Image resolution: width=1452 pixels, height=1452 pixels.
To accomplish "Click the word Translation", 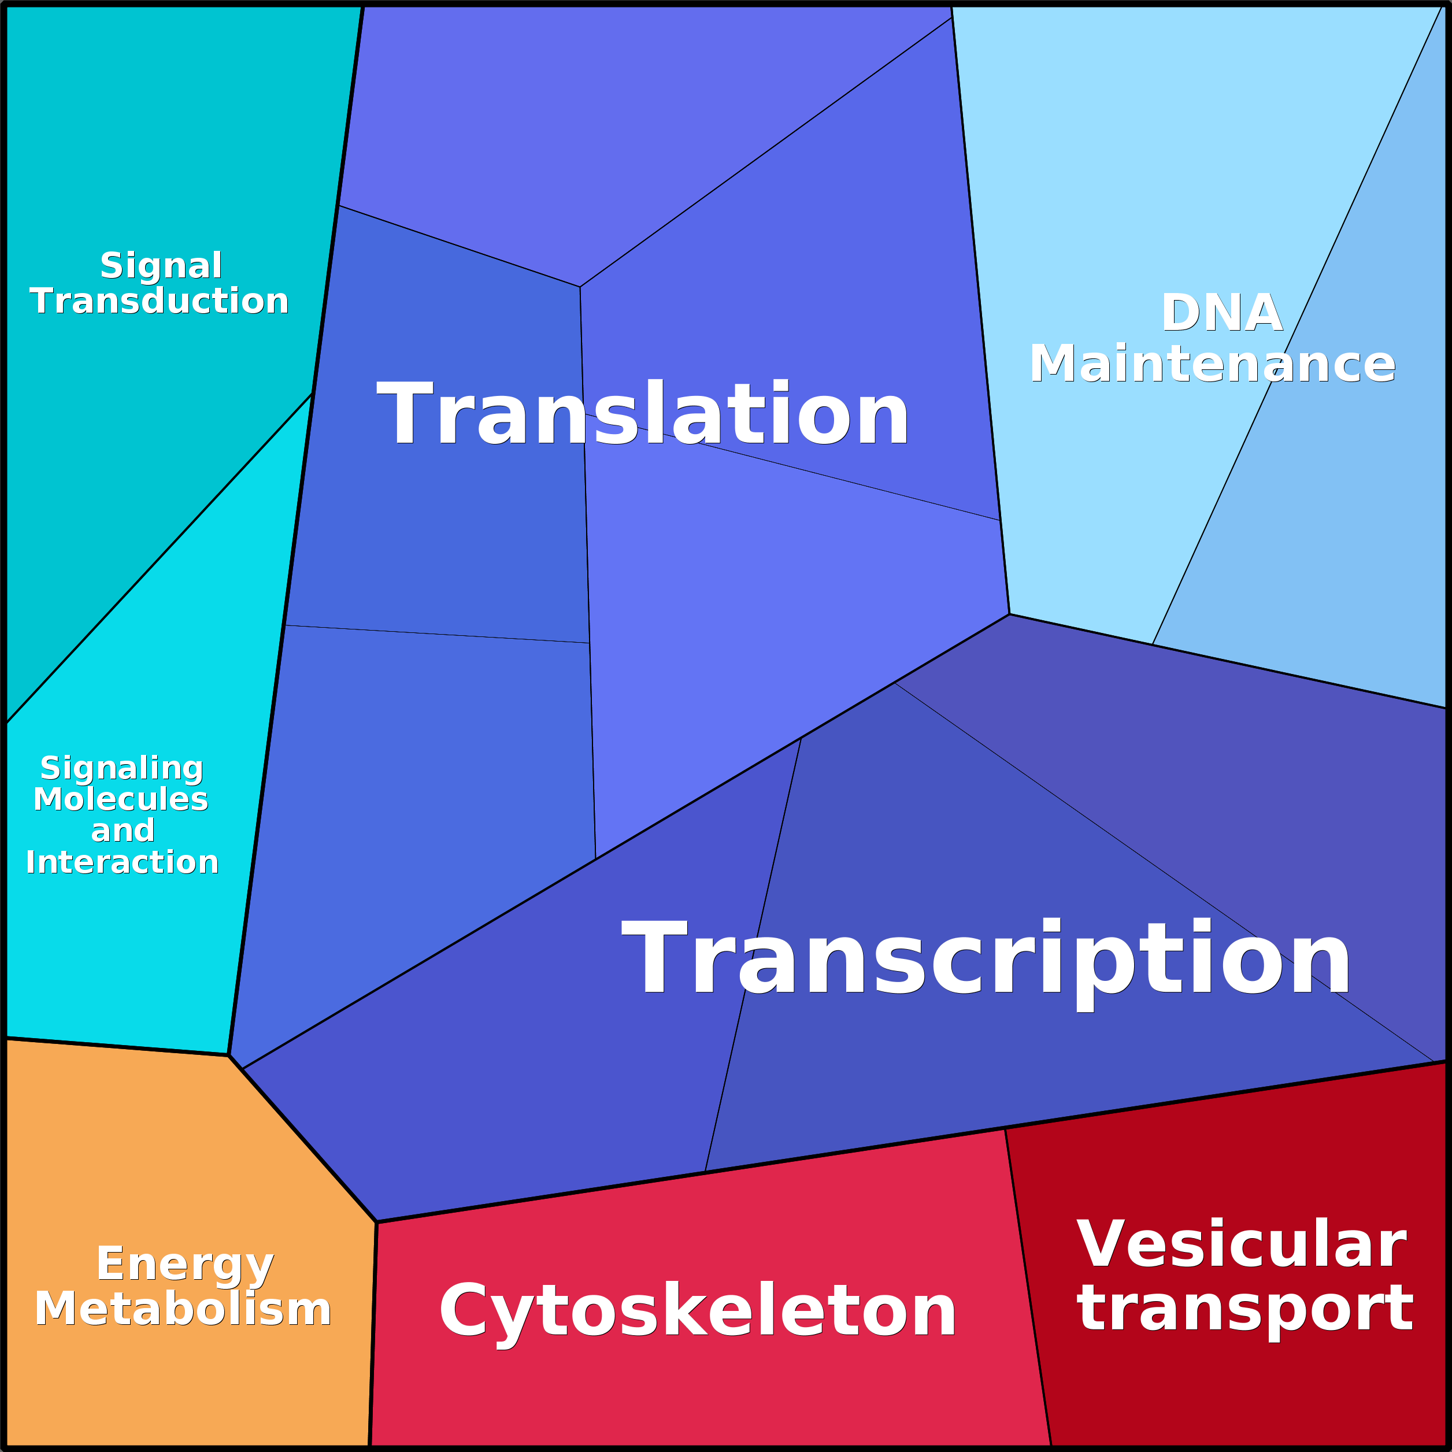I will [643, 413].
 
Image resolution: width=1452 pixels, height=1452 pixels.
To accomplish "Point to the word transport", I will [1244, 1309].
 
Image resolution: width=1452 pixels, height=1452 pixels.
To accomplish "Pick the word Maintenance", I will [1212, 365].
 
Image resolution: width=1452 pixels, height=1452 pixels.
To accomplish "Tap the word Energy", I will [185, 1264].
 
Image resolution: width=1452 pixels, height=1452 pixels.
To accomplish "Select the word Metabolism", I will [183, 1309].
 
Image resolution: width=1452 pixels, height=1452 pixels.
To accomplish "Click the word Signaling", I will [122, 768].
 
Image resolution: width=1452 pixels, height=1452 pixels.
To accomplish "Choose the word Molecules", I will [121, 799].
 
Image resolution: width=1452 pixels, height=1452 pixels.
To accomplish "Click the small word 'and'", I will [123, 831].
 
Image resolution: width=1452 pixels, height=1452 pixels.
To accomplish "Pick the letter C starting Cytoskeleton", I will [462, 1312].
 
